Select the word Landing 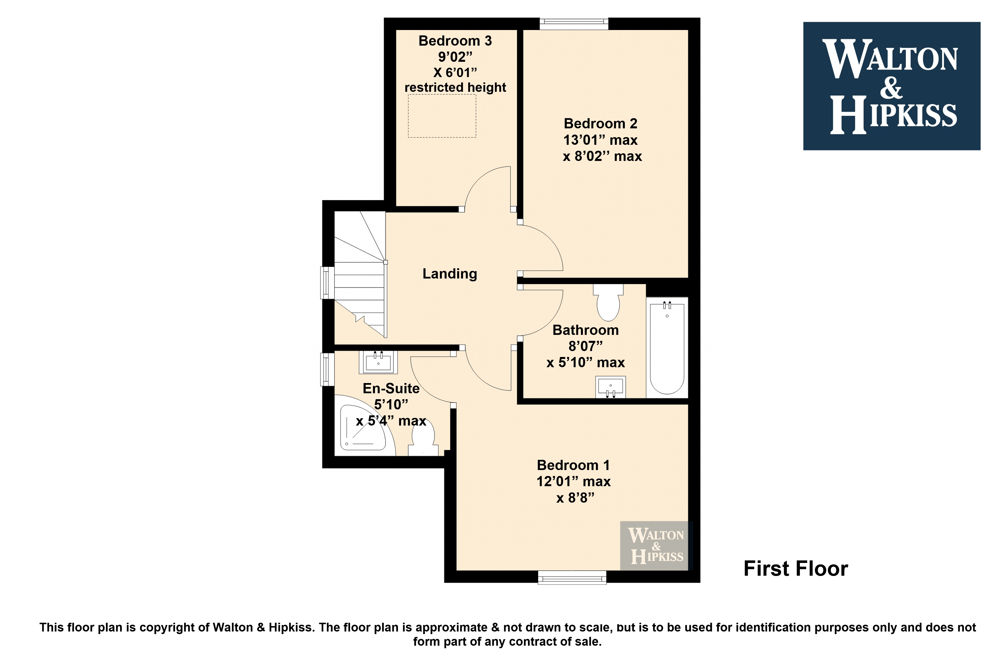450,274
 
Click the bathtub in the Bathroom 667,348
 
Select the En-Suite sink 378,362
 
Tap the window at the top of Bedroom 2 574,24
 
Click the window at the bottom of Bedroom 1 572,577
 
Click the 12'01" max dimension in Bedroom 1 574,482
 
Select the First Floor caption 796,569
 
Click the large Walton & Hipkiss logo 891,86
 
